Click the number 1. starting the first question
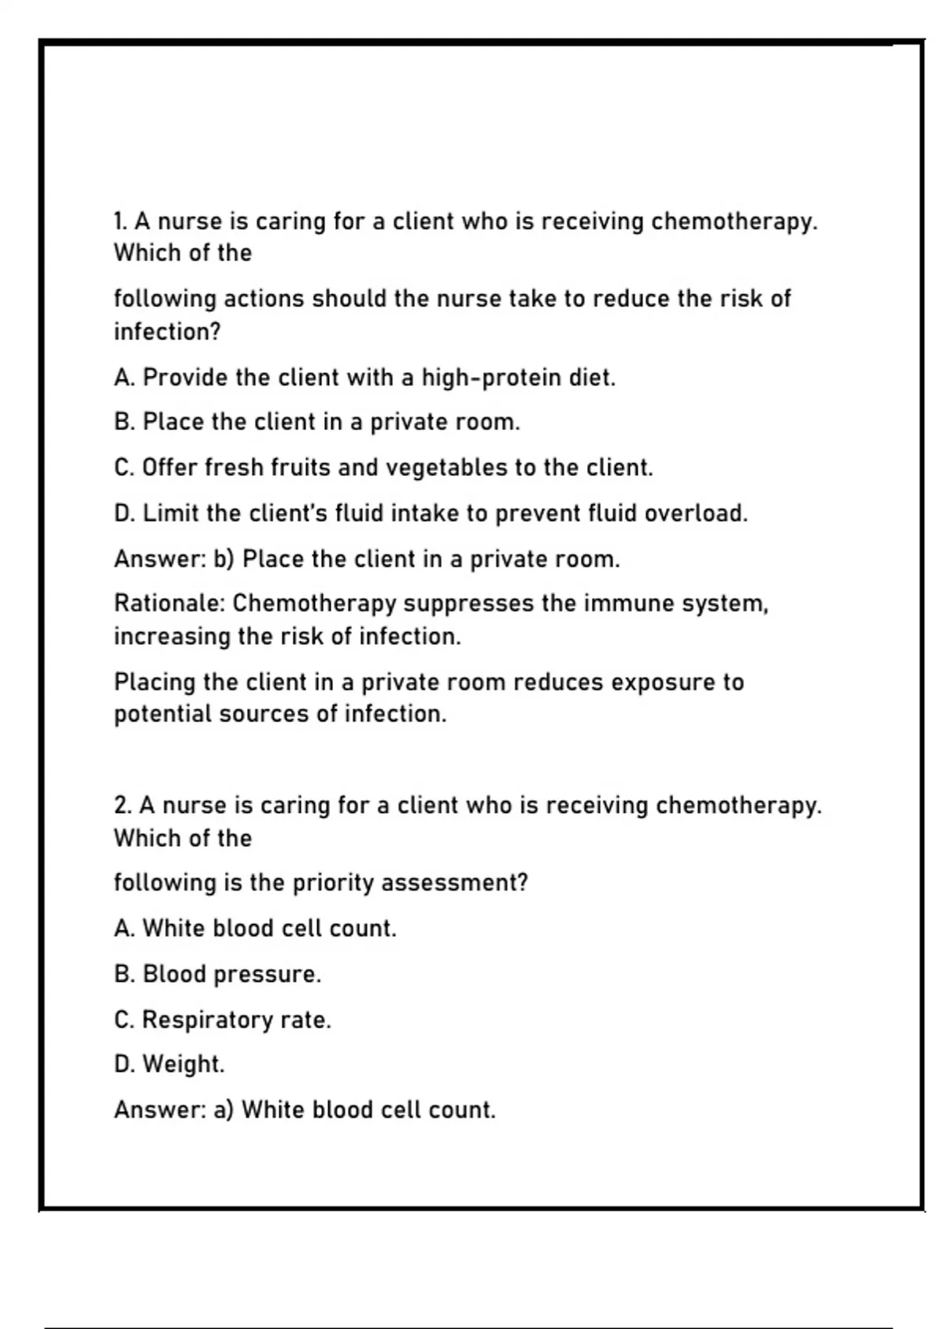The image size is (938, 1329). (x=120, y=222)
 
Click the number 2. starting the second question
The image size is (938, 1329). (x=123, y=806)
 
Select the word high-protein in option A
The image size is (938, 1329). (x=492, y=378)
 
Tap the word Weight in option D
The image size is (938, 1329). (x=183, y=1065)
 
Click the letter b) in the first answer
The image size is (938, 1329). (x=224, y=560)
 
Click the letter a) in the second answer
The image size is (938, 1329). (x=224, y=1110)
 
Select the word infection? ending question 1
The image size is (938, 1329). (x=167, y=332)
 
